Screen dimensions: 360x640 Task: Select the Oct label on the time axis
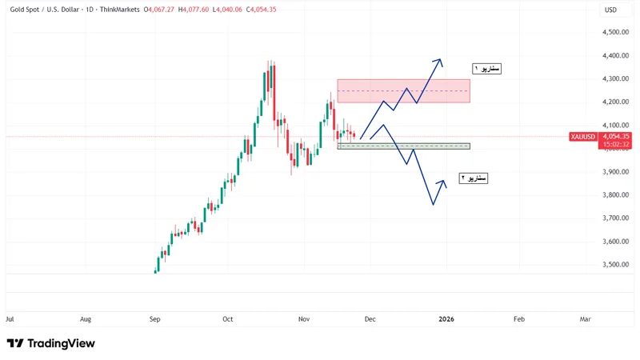pos(227,319)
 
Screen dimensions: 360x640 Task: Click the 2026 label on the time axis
pos(446,319)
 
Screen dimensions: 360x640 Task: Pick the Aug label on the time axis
pos(86,319)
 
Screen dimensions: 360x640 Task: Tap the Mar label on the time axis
pos(585,319)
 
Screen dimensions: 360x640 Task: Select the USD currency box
pos(610,10)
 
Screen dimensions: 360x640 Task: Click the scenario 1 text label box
pos(486,69)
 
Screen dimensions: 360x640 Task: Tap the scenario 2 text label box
pos(473,178)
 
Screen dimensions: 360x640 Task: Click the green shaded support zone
pos(403,146)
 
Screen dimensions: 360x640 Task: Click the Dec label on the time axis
pos(370,319)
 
